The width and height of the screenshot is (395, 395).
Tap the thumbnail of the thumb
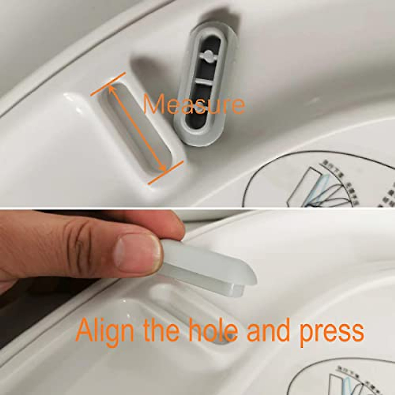tap(138, 253)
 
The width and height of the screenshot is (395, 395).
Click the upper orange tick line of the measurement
tap(108, 84)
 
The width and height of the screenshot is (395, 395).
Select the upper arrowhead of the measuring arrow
tap(111, 88)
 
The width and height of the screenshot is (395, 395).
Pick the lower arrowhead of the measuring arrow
tap(163, 169)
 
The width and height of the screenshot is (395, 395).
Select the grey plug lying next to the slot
tap(201, 82)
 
